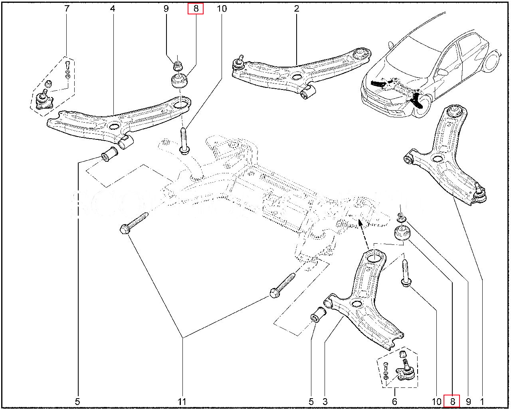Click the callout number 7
(x=67, y=8)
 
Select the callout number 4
(x=113, y=8)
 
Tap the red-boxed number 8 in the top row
(x=196, y=8)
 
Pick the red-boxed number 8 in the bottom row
(x=452, y=401)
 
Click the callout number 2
(x=297, y=8)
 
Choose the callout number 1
(x=482, y=401)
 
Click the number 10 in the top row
(x=222, y=8)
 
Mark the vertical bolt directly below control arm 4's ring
(x=184, y=140)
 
